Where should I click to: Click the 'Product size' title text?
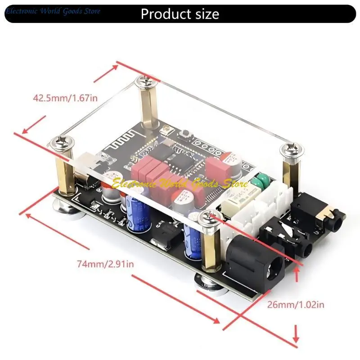coord(180,14)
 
